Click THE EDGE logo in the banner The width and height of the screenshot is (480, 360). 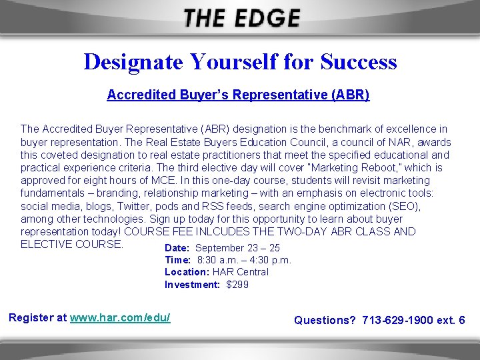(241, 18)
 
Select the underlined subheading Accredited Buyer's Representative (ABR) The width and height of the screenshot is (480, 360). (238, 95)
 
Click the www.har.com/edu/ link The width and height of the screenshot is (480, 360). (120, 317)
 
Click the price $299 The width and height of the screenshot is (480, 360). (237, 285)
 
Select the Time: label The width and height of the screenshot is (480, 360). (177, 260)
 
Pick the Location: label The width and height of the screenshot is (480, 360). (187, 272)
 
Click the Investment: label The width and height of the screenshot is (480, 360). (192, 285)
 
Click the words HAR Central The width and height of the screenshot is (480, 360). (241, 272)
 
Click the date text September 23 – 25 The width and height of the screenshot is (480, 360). (237, 248)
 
